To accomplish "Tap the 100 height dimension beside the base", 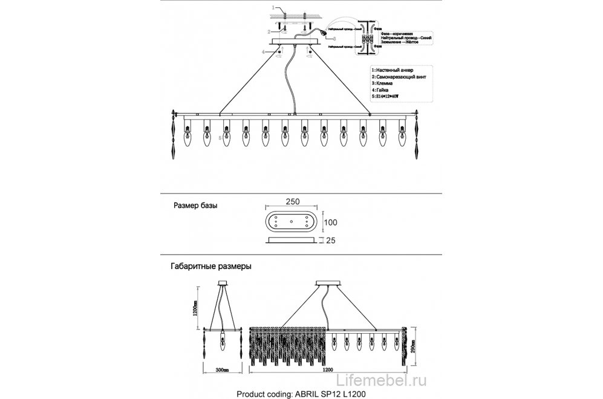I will (x=331, y=222).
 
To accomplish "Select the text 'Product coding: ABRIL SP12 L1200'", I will (x=301, y=393).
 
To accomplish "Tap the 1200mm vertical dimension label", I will (x=195, y=311).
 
